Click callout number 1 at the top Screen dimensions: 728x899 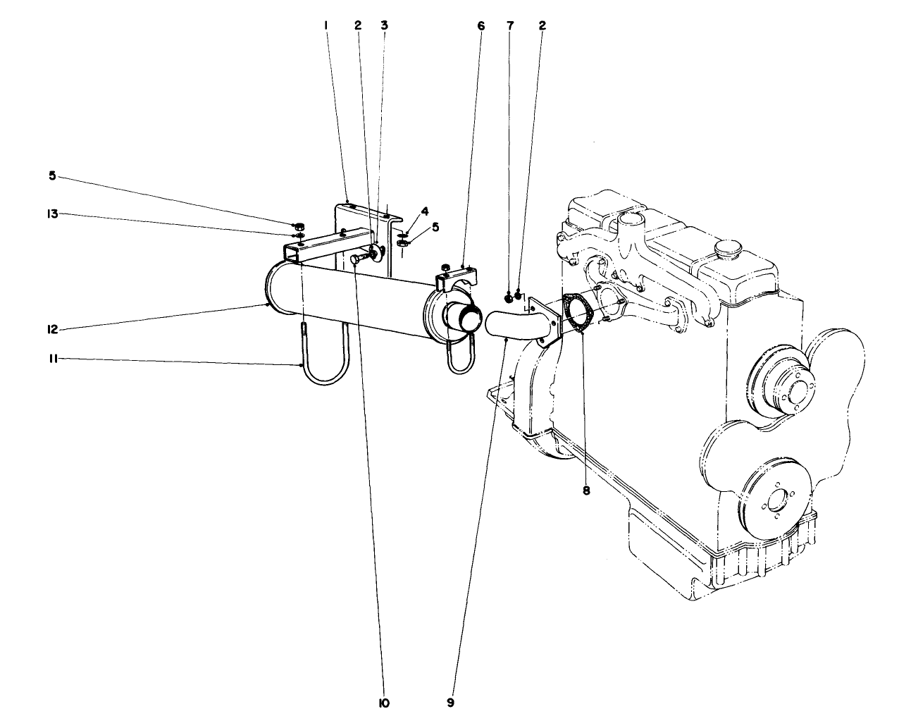click(x=325, y=25)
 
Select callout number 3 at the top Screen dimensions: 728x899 click(x=384, y=25)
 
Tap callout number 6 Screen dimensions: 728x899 click(x=481, y=25)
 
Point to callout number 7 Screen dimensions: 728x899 click(x=510, y=25)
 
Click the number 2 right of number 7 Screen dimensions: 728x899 click(x=542, y=25)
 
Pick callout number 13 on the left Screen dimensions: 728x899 click(x=51, y=214)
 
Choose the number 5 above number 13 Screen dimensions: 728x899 click(x=52, y=176)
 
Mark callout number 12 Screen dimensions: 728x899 click(x=52, y=329)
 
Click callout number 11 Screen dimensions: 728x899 click(x=52, y=359)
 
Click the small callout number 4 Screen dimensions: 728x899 click(x=425, y=211)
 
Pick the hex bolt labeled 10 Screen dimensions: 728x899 click(x=356, y=260)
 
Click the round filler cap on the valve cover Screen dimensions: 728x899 click(x=726, y=249)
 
